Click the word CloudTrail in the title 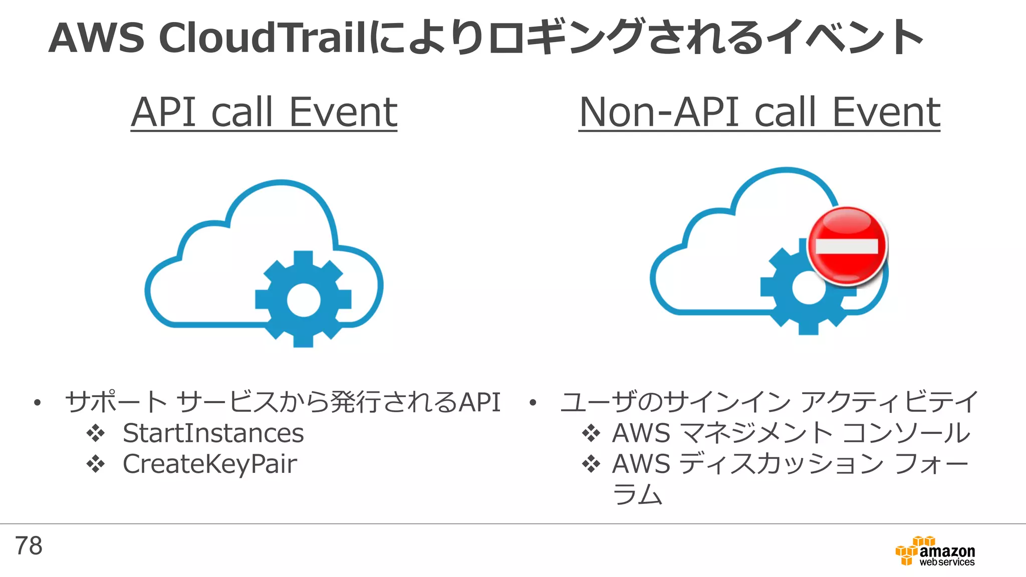(263, 38)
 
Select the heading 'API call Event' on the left (264, 112)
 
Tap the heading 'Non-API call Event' (759, 112)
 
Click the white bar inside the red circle (847, 246)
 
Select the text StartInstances (213, 433)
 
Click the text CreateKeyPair (209, 464)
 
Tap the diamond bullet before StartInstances (95, 433)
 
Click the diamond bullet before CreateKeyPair (95, 464)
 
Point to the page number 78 (29, 546)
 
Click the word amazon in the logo (947, 551)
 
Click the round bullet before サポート (37, 403)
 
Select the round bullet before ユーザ (533, 403)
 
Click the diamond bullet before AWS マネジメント (591, 433)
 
